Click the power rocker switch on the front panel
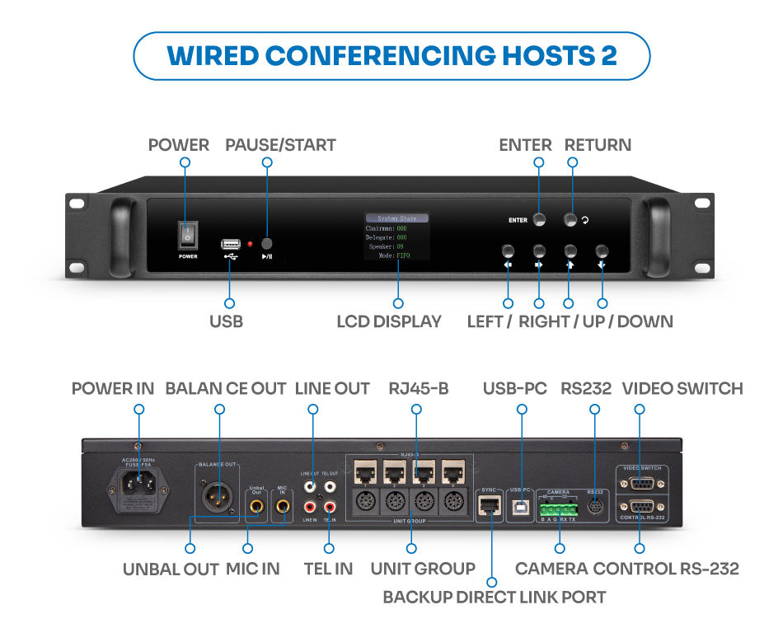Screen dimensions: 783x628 coord(187,235)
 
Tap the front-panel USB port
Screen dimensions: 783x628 coord(230,244)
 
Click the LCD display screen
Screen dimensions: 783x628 coord(396,237)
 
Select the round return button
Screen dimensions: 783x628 coord(570,219)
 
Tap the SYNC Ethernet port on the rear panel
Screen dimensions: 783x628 coord(490,506)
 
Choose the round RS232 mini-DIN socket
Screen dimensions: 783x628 coord(595,506)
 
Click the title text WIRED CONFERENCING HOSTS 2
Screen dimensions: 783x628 coord(391,55)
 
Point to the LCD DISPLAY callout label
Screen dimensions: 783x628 coord(388,321)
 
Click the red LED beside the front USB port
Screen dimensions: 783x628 coord(249,245)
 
